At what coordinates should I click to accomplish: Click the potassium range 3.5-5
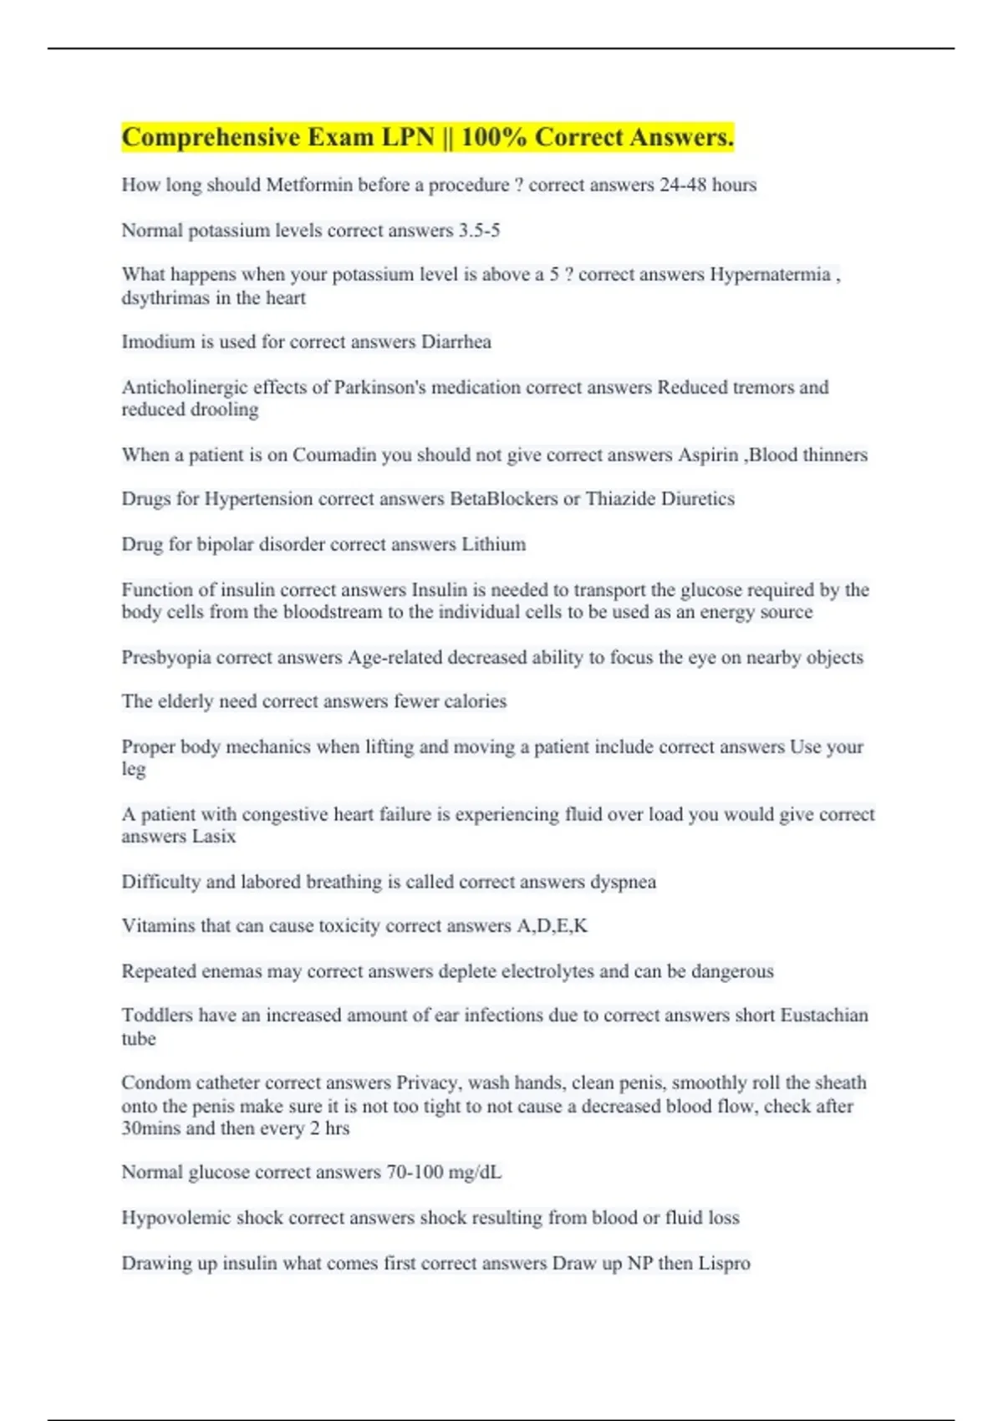coord(479,231)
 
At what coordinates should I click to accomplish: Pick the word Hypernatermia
coord(770,275)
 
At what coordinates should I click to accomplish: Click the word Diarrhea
coord(456,342)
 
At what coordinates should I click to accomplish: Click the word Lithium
coord(494,544)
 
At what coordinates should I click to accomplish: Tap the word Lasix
coord(214,837)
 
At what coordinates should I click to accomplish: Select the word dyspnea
coord(624,882)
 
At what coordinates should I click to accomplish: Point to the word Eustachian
coord(824,1016)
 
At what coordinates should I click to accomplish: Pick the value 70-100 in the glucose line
coord(415,1173)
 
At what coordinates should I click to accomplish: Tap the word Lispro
coord(725,1263)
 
